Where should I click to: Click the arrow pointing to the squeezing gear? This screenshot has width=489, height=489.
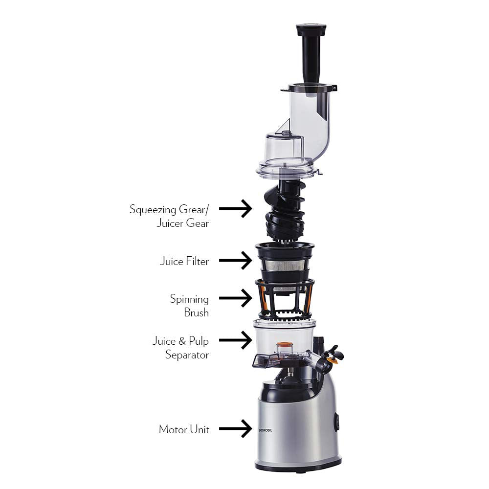(x=235, y=209)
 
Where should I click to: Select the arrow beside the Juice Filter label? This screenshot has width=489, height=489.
(x=235, y=261)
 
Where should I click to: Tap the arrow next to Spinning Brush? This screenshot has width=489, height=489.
(x=235, y=298)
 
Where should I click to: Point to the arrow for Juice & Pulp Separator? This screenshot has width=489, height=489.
(x=235, y=340)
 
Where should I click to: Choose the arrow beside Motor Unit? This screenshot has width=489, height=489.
(x=235, y=429)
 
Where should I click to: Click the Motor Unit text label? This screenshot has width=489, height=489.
(x=184, y=429)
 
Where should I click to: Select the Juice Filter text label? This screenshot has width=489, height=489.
(x=184, y=261)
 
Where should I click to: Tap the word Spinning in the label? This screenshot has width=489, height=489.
(x=189, y=299)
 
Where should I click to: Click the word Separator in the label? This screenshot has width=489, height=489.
(x=187, y=355)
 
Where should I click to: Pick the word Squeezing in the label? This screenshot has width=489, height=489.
(x=153, y=209)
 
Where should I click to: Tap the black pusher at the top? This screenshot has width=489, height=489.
(x=310, y=54)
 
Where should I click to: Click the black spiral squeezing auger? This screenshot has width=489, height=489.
(x=285, y=210)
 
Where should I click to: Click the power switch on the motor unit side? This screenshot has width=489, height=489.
(x=336, y=422)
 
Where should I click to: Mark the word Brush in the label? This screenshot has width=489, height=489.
(x=197, y=312)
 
